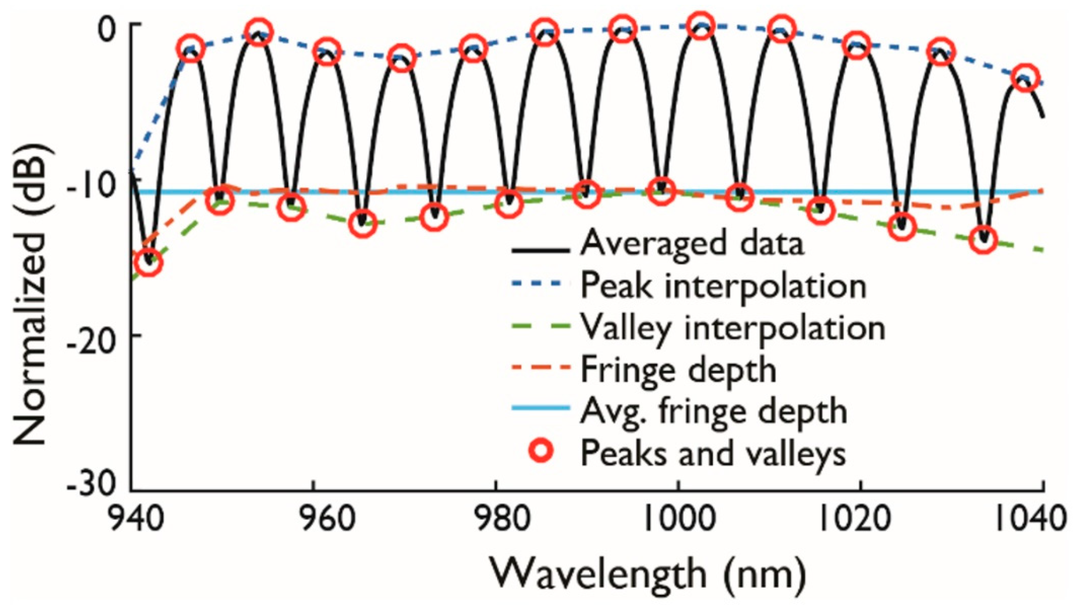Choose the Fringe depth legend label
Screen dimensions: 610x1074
point(679,370)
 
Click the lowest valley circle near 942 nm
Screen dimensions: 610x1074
point(148,263)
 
